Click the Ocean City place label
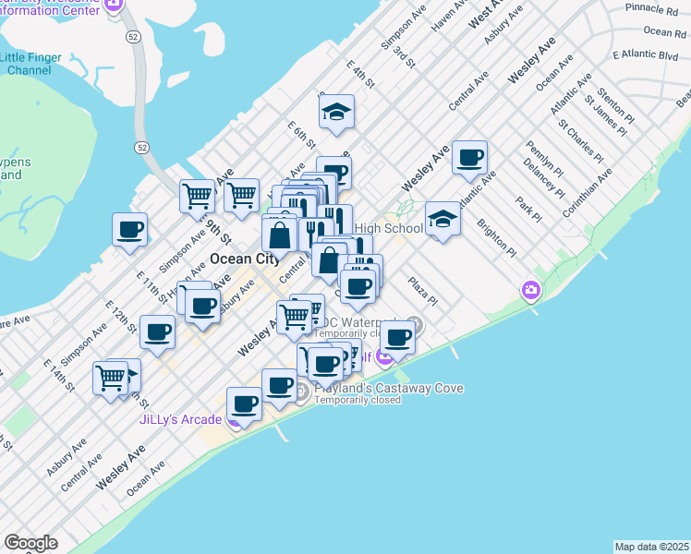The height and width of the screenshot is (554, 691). tap(244, 259)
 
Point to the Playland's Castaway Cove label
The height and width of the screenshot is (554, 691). tap(388, 389)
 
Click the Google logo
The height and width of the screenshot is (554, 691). tap(30, 543)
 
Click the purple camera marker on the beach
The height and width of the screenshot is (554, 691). tap(530, 290)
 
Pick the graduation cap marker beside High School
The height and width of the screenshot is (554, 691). tap(443, 220)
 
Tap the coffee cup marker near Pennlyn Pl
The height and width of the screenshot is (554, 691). tap(470, 158)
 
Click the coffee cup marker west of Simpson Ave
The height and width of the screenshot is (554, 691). tap(129, 230)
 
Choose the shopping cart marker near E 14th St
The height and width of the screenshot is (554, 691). tap(110, 377)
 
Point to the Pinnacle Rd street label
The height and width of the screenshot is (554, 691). tap(650, 9)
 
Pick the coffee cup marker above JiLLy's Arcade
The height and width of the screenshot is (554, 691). tap(245, 403)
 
